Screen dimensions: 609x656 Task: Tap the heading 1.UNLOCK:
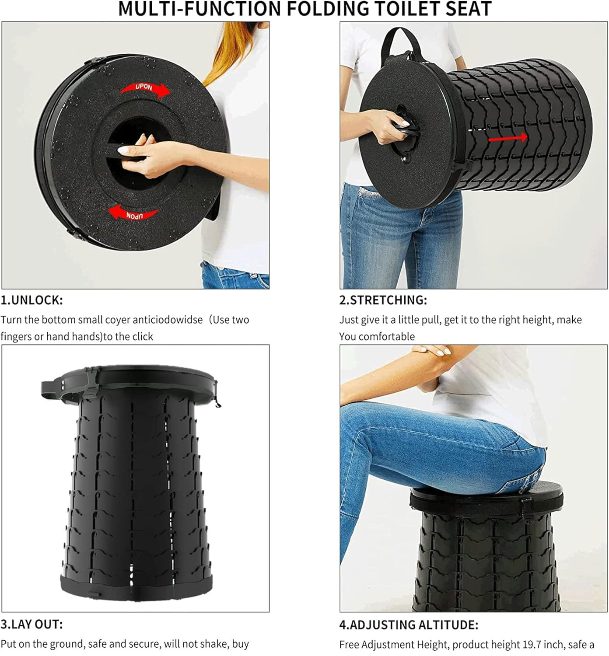32,300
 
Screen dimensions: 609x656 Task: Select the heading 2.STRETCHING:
383,300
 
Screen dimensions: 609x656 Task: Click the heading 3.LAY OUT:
32,625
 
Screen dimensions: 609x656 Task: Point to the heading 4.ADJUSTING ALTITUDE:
409,625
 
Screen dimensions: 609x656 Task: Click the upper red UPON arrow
145,89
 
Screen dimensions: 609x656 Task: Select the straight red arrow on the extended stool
507,138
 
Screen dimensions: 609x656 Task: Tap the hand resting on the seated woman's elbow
430,350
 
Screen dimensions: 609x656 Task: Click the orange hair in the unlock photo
231,49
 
